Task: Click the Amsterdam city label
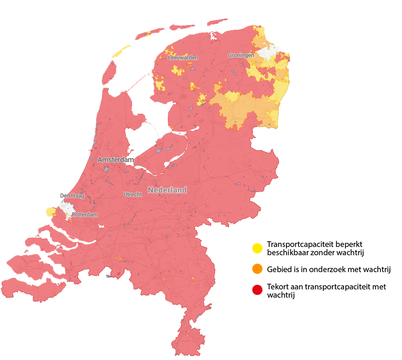click(116, 160)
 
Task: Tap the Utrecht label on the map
click(132, 194)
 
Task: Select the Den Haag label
click(72, 196)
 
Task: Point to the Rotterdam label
click(85, 215)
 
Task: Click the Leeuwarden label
click(183, 58)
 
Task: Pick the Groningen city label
click(241, 55)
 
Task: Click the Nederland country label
click(167, 190)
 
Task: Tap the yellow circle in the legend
click(257, 248)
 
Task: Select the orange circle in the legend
click(257, 269)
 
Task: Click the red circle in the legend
click(257, 290)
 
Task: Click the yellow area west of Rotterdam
click(51, 212)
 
